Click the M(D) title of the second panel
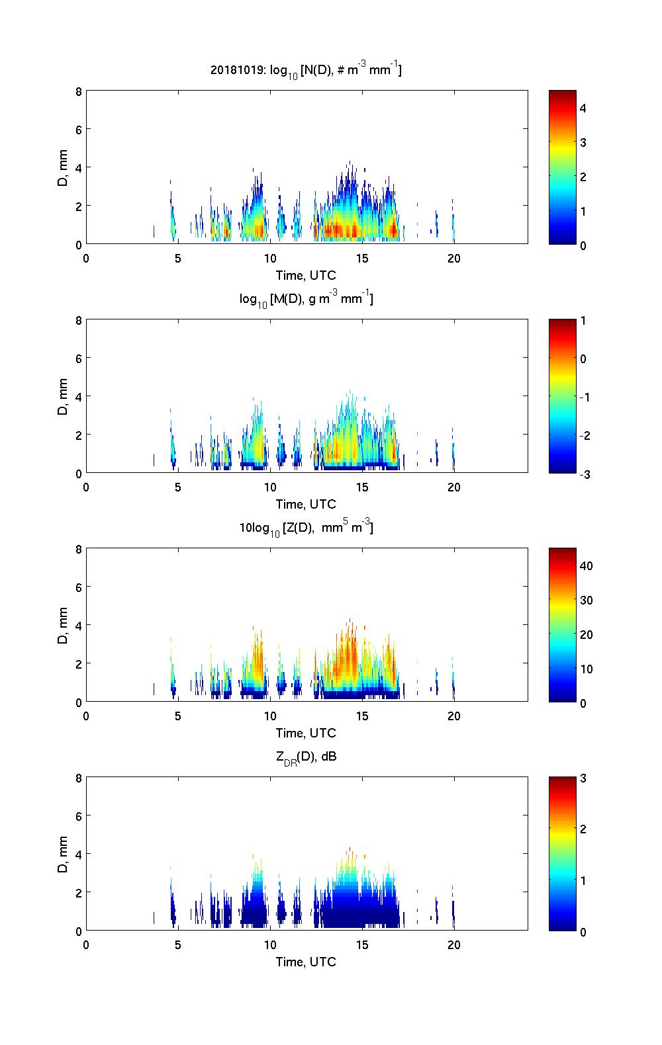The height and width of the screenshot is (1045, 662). click(x=306, y=299)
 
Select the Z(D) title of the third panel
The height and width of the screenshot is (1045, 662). click(x=306, y=528)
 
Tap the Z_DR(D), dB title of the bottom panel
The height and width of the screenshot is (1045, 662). click(x=306, y=757)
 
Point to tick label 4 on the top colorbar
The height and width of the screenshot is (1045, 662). click(x=583, y=108)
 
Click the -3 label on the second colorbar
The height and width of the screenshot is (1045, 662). click(x=585, y=474)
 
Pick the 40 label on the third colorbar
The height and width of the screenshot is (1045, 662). click(x=586, y=565)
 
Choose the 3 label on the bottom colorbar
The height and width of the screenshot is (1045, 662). click(x=583, y=778)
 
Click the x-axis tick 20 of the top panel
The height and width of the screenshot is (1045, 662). click(x=453, y=259)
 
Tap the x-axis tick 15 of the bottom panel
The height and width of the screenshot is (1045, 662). click(x=361, y=945)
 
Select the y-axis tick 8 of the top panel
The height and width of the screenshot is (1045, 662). click(x=78, y=91)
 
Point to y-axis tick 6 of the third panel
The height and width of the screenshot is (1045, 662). click(x=78, y=587)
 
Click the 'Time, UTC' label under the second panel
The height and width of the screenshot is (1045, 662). click(x=306, y=504)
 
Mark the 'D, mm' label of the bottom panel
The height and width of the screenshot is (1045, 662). click(x=63, y=854)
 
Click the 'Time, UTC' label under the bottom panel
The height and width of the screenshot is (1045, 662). click(x=306, y=962)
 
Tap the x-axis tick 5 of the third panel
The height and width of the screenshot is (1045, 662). click(x=177, y=716)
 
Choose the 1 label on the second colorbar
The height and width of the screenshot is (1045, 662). click(x=583, y=321)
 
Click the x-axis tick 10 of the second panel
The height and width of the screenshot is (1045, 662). click(x=269, y=487)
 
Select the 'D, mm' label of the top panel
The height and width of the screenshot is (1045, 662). click(x=63, y=167)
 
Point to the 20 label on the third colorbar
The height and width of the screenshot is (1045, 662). click(x=586, y=634)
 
